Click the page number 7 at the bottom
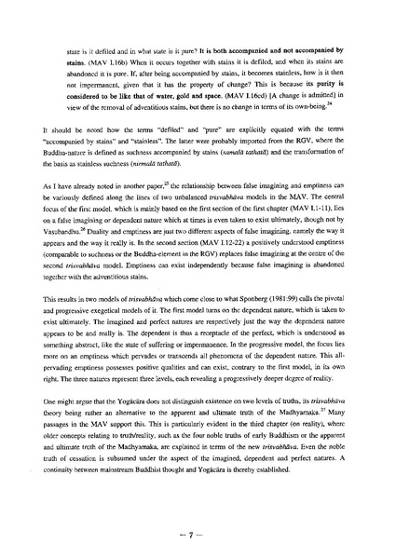click(x=198, y=509)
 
